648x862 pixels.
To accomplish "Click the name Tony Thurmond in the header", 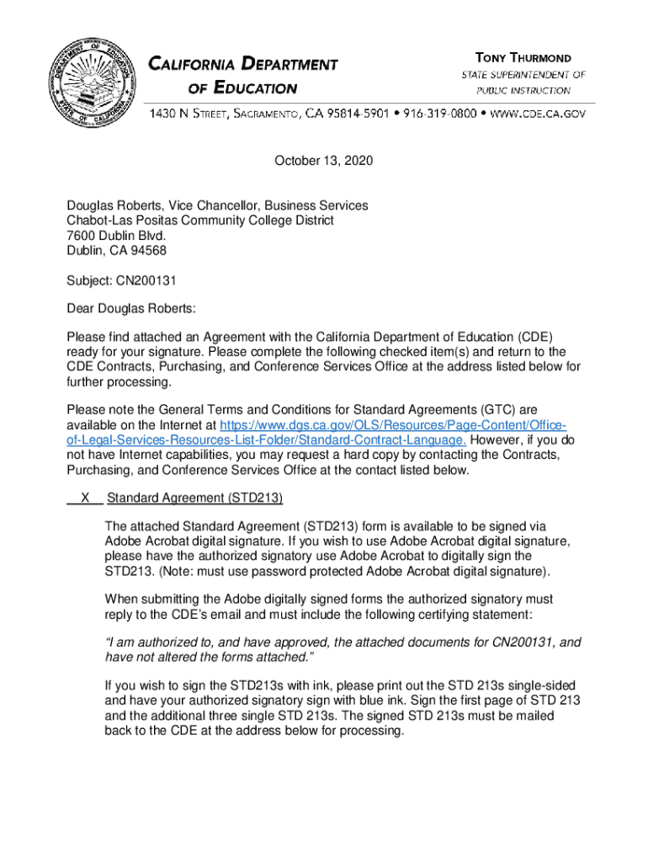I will point(523,58).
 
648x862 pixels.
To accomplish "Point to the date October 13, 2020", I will point(323,161).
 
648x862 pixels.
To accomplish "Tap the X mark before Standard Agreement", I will point(85,498).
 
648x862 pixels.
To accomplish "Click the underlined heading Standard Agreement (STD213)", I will point(194,498).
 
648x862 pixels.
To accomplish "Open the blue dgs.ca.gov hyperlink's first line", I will point(392,425).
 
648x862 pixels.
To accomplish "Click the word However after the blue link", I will point(499,440).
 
